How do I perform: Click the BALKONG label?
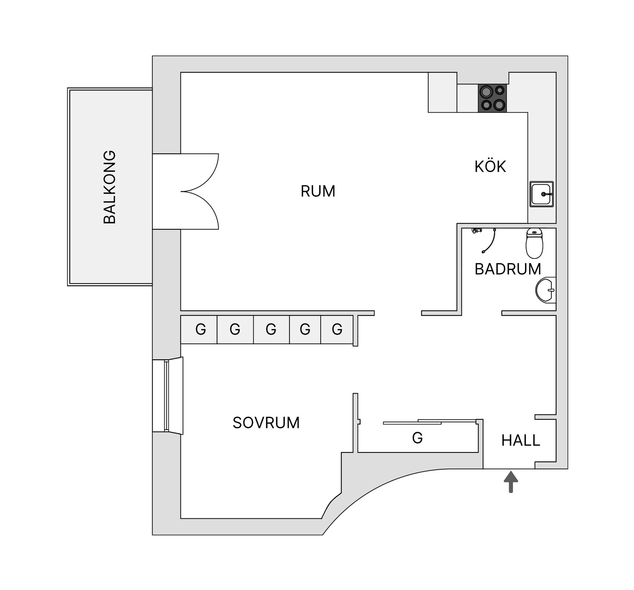pos(110,187)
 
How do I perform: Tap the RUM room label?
pos(318,191)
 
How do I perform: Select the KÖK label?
pos(490,167)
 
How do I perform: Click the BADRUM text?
pos(508,269)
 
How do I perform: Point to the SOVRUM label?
pos(266,423)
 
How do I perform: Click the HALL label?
pos(520,440)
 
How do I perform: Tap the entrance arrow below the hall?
pos(511,482)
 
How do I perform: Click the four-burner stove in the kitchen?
pos(492,98)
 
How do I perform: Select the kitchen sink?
pos(542,194)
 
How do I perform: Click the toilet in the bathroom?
pos(534,243)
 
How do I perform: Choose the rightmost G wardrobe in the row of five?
pos(336,330)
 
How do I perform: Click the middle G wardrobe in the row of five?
pos(271,330)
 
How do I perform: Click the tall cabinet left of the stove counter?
pos(442,92)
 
